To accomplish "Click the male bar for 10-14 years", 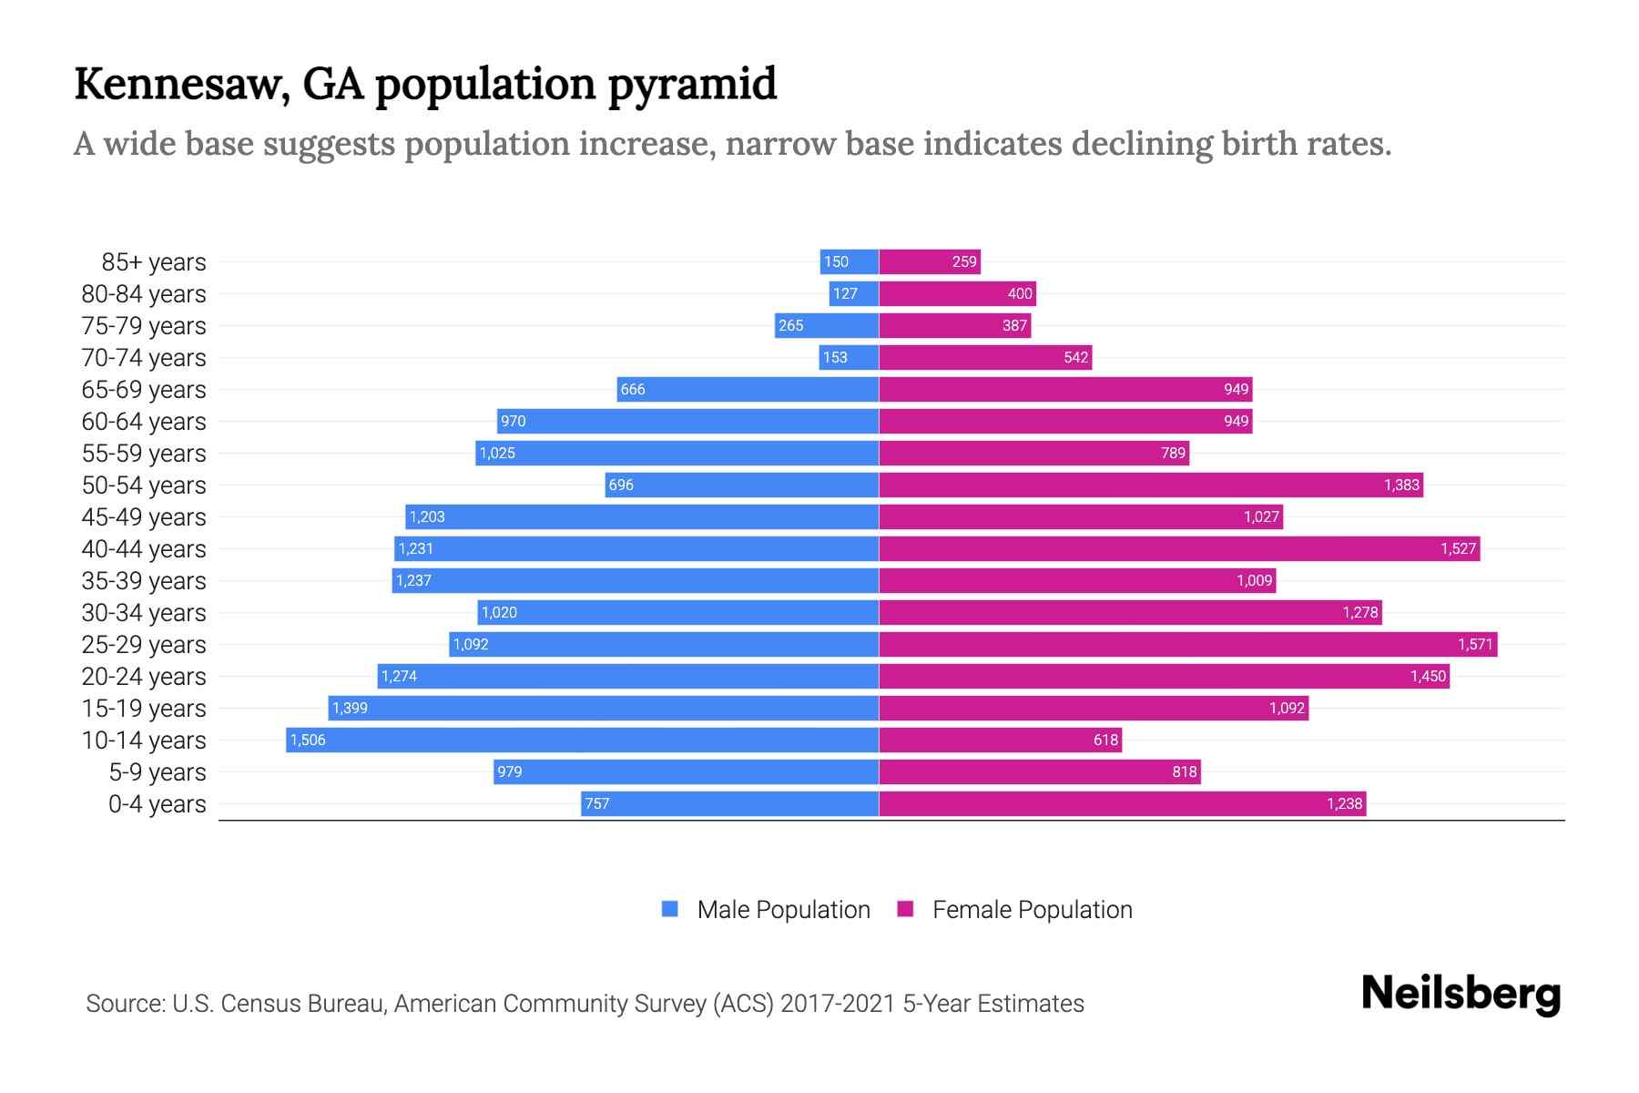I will [x=583, y=740].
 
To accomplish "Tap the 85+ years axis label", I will [x=153, y=262].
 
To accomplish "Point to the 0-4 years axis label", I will [x=157, y=804].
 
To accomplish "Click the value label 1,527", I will [x=1458, y=548].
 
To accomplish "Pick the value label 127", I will [x=845, y=293].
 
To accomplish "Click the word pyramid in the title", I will [x=692, y=84].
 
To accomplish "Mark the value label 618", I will [x=1105, y=740].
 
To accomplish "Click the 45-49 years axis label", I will [x=144, y=517].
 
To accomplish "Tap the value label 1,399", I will [x=350, y=708].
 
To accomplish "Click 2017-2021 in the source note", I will [x=838, y=1004].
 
